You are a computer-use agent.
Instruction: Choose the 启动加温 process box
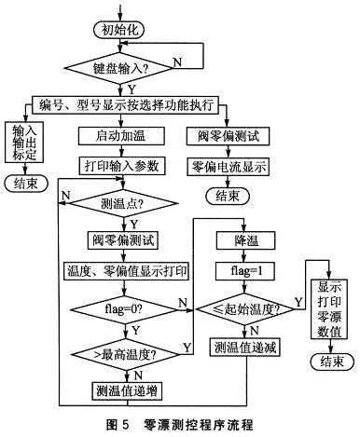[120, 137]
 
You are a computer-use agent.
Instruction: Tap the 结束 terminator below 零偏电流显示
[228, 197]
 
